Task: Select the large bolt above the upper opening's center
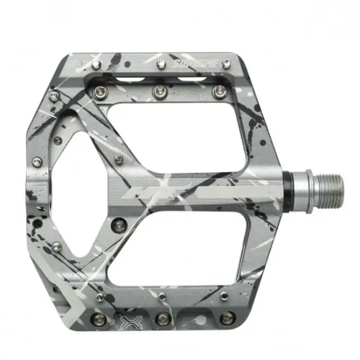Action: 160,90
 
